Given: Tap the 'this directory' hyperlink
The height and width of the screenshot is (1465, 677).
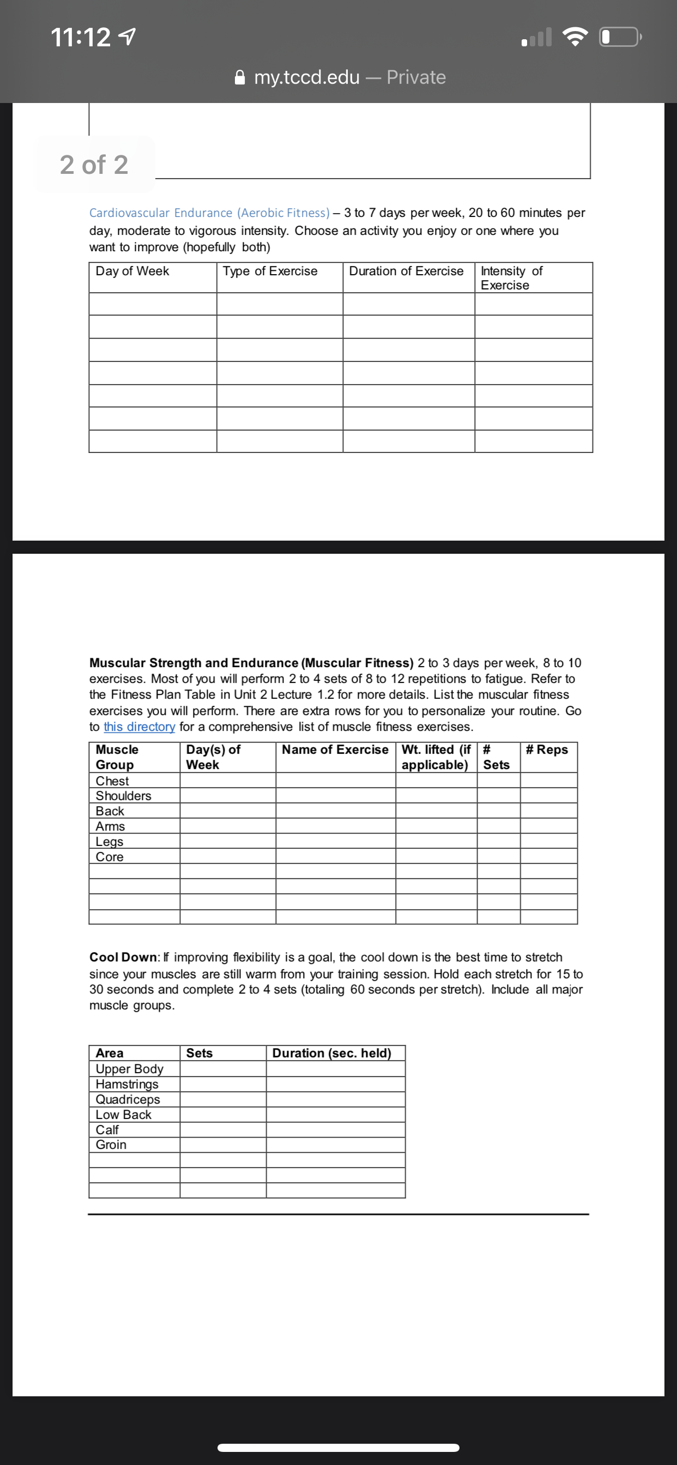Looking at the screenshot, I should coord(140,727).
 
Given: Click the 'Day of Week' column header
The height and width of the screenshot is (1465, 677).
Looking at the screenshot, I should coord(132,271).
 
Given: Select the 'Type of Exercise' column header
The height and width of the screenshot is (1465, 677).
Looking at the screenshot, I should coord(270,271).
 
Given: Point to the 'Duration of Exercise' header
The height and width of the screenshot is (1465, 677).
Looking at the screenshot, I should coord(406,271).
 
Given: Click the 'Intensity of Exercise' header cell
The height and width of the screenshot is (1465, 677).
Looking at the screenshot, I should coord(511,278).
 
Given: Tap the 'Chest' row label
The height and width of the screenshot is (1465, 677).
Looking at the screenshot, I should coord(112,781).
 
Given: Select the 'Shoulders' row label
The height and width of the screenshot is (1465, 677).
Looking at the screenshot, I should coord(123,796).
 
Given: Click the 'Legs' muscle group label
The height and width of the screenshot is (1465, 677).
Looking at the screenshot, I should coord(109,842).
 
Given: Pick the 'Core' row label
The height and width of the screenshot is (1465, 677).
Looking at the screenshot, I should coord(109,857).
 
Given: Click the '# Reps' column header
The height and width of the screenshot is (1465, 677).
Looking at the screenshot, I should coord(547,750).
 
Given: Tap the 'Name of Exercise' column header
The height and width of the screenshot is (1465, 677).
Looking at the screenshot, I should coord(335,750).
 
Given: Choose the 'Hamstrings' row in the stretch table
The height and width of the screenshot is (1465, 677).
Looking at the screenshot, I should coord(127,1085).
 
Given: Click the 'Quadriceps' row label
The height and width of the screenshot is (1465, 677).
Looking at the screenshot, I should coord(128,1100).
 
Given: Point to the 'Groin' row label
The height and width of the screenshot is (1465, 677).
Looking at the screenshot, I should coord(111,1145).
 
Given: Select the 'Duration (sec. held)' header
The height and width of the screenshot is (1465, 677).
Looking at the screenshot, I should coord(331,1054).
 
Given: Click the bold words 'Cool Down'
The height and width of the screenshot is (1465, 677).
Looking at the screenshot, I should coord(123,958).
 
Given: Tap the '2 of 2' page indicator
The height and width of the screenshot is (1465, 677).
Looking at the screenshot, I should coord(94,165).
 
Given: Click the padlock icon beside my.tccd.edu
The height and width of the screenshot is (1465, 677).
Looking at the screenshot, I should coord(240,77).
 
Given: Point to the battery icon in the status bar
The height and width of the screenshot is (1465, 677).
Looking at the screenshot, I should coord(620,38).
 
